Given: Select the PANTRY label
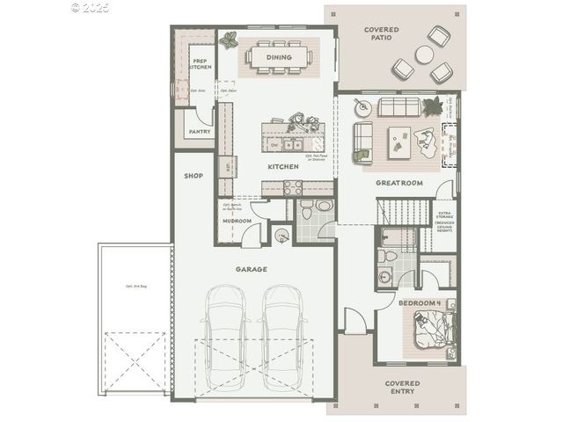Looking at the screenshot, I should point(199,132).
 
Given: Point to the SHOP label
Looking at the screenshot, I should point(194,176).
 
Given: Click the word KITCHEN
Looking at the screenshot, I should point(283,166).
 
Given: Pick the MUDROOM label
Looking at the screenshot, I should point(238,221).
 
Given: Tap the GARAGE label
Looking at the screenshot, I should point(251,269).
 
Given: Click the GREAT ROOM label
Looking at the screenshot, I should point(399,183).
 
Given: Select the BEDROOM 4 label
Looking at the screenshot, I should point(419,302).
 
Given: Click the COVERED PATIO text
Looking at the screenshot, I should point(381,34).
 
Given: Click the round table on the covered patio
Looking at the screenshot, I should point(425,54).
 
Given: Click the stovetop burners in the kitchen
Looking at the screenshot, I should point(293,187).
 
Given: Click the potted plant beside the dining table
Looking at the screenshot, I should point(230,39).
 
